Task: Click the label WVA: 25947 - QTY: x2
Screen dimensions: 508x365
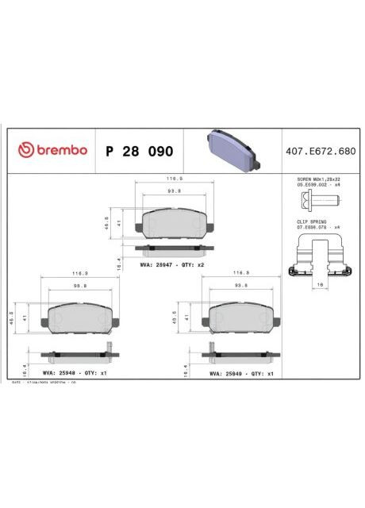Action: [x=172, y=264]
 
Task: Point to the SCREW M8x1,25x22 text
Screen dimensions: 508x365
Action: [x=319, y=180]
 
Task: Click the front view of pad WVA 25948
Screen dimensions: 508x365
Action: [x=78, y=319]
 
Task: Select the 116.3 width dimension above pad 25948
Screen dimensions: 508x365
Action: [x=79, y=272]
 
